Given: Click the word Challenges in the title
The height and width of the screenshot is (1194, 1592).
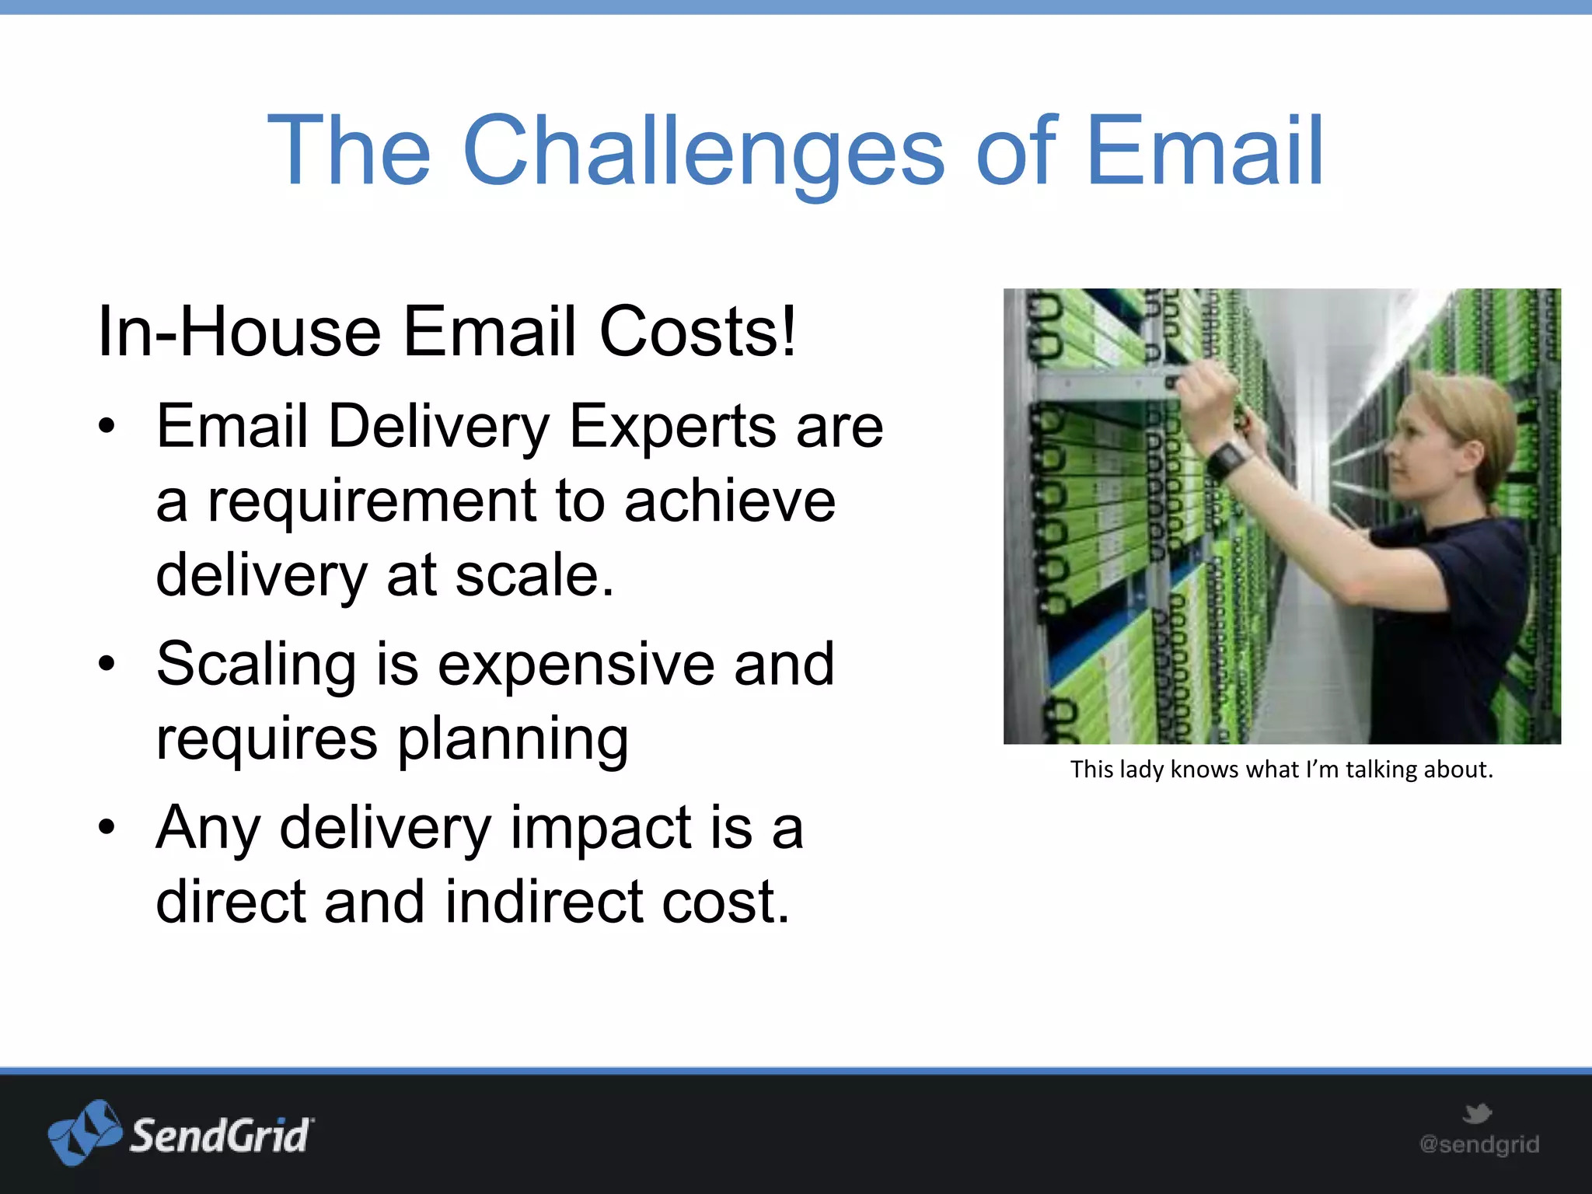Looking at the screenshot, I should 703,152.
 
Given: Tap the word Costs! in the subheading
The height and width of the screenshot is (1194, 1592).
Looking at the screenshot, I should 697,332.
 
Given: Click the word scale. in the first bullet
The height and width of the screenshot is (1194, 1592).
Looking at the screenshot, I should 534,575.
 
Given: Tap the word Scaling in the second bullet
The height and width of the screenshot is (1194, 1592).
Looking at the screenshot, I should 256,665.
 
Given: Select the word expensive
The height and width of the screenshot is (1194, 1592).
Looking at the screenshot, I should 575,665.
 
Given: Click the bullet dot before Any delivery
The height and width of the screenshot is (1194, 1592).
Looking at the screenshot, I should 106,827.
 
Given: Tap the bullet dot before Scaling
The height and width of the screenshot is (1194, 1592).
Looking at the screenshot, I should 106,663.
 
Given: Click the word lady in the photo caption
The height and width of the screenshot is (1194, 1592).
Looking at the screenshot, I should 1141,770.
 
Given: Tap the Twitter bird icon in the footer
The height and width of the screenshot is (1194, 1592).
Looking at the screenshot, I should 1477,1113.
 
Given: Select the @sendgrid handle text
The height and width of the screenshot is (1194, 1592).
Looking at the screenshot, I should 1479,1144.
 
